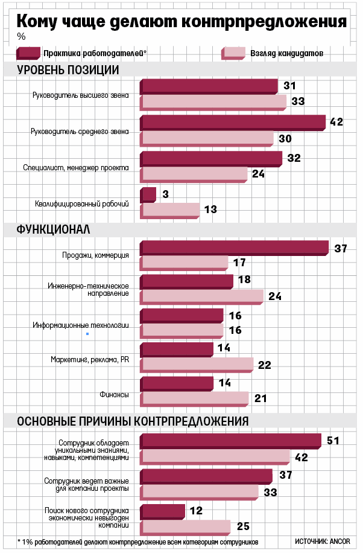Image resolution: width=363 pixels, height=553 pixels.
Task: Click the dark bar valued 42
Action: (233, 123)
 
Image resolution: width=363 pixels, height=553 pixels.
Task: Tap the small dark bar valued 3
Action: (148, 195)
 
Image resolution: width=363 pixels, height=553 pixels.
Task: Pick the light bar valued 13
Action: (170, 210)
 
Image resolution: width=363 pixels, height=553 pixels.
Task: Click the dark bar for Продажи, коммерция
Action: (234, 248)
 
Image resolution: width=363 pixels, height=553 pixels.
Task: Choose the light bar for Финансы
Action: (194, 398)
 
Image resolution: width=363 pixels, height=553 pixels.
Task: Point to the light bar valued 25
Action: (185, 526)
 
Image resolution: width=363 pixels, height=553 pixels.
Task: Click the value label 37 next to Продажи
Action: (341, 248)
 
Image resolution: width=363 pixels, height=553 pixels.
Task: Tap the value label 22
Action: (264, 365)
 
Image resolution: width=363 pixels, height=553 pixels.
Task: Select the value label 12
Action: (195, 511)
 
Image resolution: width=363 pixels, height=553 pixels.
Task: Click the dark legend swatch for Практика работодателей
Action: (30, 53)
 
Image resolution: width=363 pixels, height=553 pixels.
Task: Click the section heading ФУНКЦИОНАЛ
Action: (53, 229)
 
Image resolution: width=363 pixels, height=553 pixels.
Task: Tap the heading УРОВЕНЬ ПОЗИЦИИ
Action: (68, 70)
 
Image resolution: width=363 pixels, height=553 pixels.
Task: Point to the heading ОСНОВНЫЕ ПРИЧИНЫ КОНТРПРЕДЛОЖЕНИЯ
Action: (133, 421)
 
